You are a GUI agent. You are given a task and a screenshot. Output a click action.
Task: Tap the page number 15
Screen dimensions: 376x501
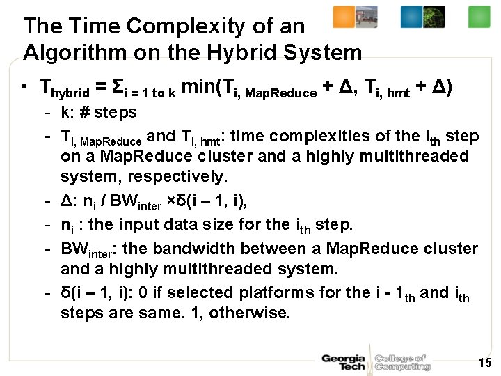484,362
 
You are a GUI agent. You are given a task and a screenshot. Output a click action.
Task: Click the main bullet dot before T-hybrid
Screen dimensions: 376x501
24,88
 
